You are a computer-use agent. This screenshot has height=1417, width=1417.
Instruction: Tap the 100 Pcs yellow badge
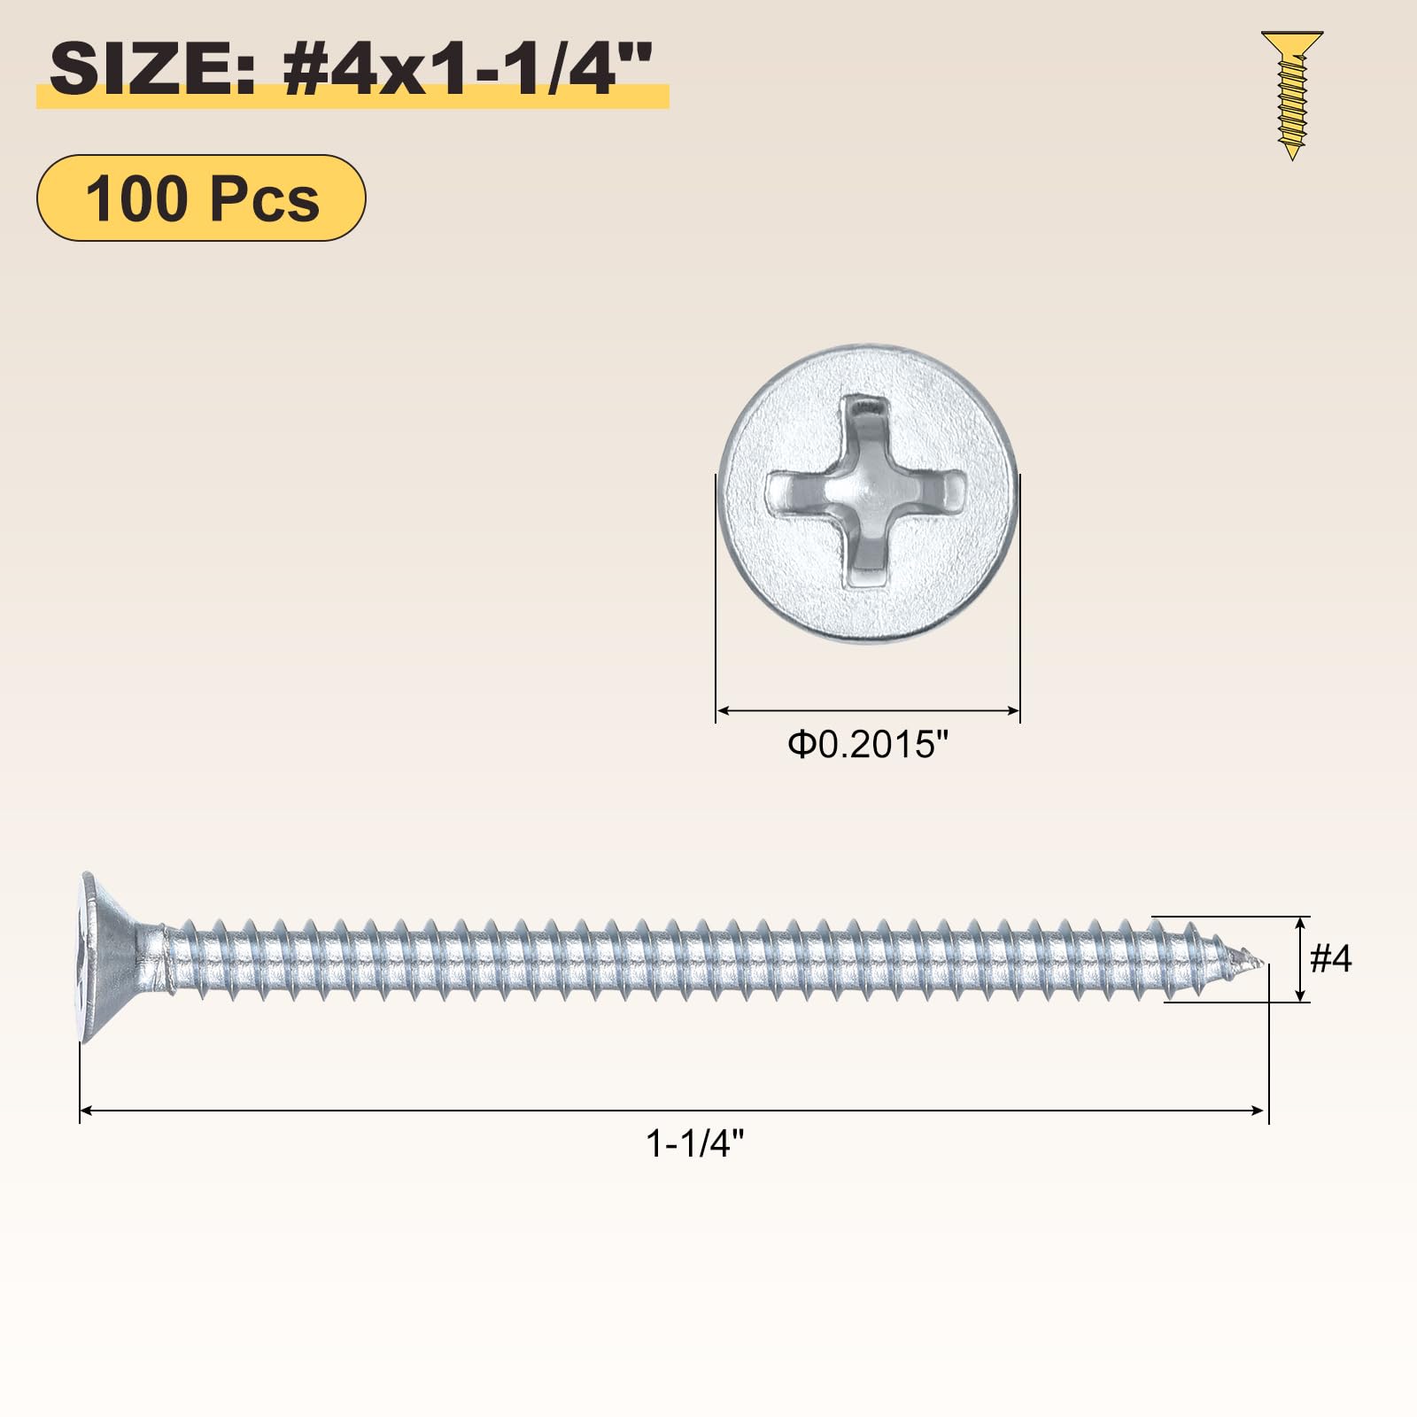201,197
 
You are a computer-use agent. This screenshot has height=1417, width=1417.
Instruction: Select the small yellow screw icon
1292,96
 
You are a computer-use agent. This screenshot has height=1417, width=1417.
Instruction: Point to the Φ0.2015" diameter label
868,745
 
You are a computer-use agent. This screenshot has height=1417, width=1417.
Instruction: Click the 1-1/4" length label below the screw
695,1143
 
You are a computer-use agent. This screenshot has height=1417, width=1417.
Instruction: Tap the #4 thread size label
1331,958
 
